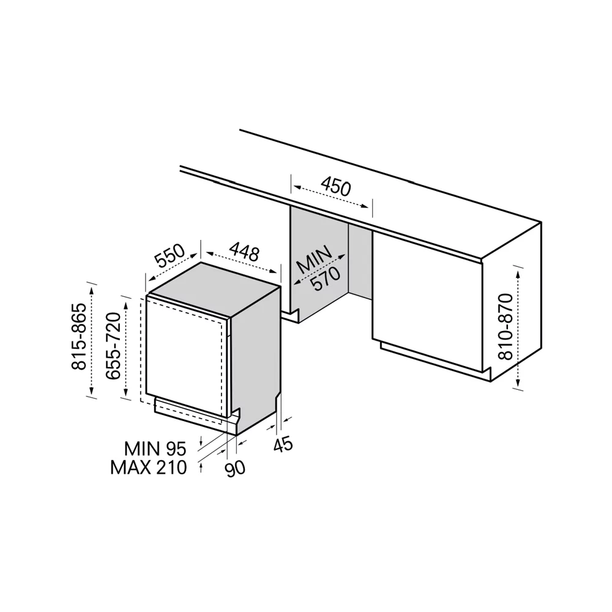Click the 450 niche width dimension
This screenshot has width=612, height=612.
336,187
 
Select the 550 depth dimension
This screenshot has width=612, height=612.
170,255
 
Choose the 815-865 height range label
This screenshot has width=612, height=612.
79,336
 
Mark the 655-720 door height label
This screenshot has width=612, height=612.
114,345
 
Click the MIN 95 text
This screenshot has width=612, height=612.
155,449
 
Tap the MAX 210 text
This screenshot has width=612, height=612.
149,467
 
